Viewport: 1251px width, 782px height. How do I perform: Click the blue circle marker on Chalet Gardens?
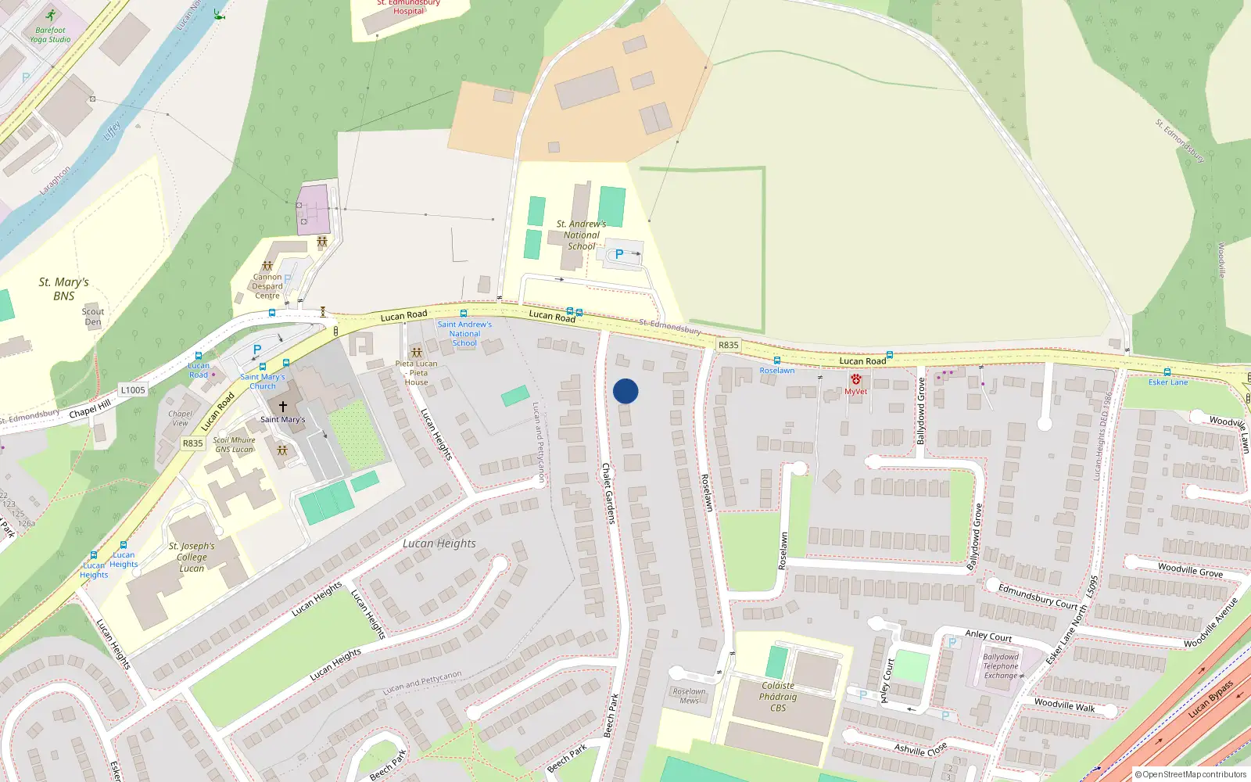point(625,391)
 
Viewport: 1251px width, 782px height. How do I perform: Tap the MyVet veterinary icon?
point(855,380)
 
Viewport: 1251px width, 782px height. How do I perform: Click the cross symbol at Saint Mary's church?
point(283,407)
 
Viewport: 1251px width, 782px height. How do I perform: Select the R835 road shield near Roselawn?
point(728,345)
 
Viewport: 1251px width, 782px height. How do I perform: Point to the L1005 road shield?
point(133,389)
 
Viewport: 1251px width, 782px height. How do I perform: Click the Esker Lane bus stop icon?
point(1167,372)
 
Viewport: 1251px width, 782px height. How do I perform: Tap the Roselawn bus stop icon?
point(776,361)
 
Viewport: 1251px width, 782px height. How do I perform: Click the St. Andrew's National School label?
point(581,235)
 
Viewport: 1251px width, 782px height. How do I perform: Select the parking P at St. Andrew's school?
point(619,254)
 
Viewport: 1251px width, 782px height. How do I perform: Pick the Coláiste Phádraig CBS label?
point(778,697)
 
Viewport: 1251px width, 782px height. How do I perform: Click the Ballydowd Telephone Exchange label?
point(1001,666)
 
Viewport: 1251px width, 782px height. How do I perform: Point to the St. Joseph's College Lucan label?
point(192,557)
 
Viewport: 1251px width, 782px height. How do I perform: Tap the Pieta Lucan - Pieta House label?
point(416,372)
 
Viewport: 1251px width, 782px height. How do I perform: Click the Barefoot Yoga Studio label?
point(50,34)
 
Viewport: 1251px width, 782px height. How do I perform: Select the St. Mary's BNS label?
point(64,289)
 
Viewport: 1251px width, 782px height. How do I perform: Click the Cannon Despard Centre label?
point(267,286)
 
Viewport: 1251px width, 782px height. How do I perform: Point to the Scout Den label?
point(93,316)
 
